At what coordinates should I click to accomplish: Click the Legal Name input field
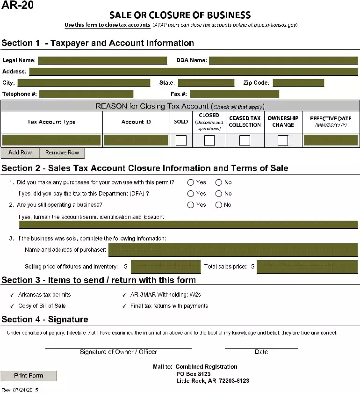[x=102, y=60]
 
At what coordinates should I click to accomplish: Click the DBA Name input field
[x=283, y=60]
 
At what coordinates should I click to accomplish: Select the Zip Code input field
[x=298, y=83]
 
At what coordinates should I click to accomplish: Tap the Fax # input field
[x=234, y=94]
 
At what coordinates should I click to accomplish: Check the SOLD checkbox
[x=181, y=140]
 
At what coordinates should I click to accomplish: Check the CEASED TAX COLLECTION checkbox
[x=245, y=140]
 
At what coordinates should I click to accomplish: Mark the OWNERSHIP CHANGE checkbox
[x=283, y=140]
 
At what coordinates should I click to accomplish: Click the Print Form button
[x=29, y=376]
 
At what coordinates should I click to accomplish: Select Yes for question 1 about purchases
[x=191, y=182]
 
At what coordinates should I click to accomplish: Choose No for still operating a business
[x=218, y=205]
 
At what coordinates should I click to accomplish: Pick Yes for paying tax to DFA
[x=191, y=194]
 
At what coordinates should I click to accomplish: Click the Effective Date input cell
[x=331, y=140]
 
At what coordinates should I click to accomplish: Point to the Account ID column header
[x=136, y=122]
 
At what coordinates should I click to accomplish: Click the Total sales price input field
[x=307, y=267]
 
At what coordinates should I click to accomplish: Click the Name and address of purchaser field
[x=233, y=250]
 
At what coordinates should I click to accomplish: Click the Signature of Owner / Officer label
[x=118, y=352]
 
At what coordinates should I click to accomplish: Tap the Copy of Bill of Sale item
[x=42, y=306]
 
